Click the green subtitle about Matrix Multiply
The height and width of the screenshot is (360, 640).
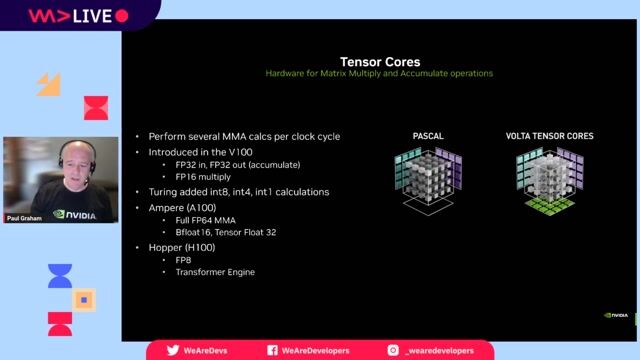[379, 73]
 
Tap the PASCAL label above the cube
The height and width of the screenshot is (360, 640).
[429, 135]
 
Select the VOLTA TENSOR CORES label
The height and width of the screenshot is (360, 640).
[548, 135]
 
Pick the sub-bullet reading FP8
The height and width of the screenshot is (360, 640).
[183, 259]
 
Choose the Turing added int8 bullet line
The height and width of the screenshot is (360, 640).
[238, 192]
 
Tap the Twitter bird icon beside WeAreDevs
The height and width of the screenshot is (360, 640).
[173, 350]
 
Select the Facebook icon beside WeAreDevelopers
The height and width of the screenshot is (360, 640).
[272, 350]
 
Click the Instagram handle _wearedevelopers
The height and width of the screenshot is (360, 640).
[440, 350]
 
